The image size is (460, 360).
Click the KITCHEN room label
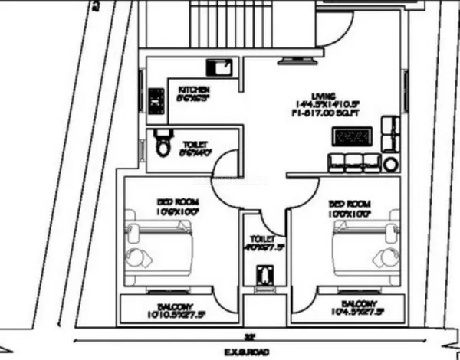click(x=190, y=88)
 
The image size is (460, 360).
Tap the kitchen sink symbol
click(x=222, y=68)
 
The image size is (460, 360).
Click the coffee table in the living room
click(x=353, y=137)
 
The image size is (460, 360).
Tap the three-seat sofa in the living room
click(x=353, y=162)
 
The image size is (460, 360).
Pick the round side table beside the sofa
click(x=391, y=164)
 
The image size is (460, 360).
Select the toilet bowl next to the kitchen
click(x=162, y=145)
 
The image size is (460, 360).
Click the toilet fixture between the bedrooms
click(x=265, y=273)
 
